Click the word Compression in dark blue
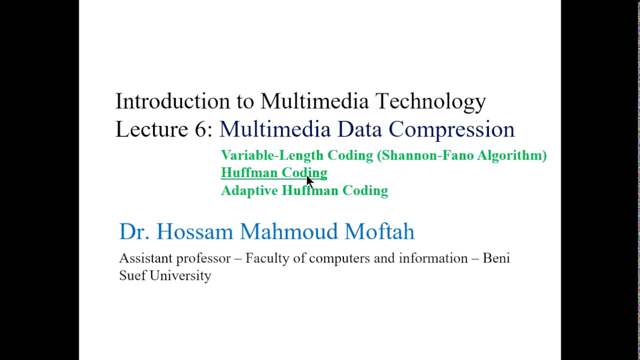[451, 130]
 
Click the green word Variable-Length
[272, 155]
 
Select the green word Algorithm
[511, 155]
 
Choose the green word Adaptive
[249, 190]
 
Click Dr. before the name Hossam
[134, 231]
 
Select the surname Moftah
[379, 231]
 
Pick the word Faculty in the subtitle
[267, 258]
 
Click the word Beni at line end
[496, 258]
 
